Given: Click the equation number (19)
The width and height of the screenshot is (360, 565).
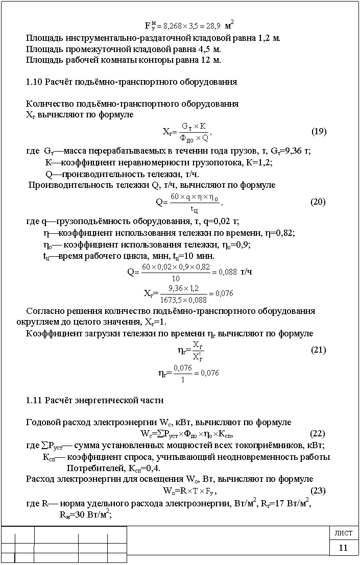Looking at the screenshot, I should pyautogui.click(x=319, y=131).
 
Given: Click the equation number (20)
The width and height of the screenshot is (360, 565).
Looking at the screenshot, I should pyautogui.click(x=318, y=202).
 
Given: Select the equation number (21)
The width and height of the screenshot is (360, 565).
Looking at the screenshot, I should pyautogui.click(x=319, y=350).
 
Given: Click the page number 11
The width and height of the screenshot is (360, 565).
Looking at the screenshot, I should pyautogui.click(x=343, y=548).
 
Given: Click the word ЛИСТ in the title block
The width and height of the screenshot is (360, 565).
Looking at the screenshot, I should pyautogui.click(x=343, y=533).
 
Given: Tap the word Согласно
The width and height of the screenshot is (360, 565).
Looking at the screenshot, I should pyautogui.click(x=44, y=311).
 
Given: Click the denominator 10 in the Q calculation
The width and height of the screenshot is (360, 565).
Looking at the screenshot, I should pyautogui.click(x=175, y=279).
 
